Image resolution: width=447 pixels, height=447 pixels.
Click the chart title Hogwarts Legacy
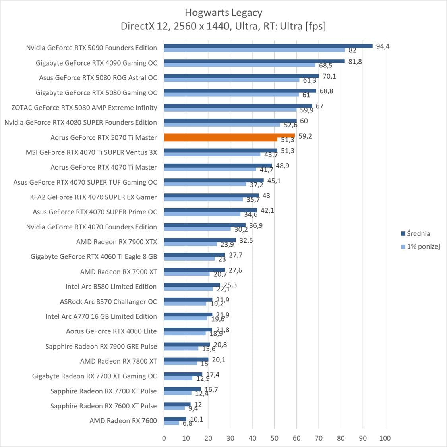tap(223, 13)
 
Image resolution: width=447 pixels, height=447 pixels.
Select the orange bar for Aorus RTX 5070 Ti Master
tap(229, 136)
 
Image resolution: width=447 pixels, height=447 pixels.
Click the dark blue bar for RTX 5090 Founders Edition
tap(268, 46)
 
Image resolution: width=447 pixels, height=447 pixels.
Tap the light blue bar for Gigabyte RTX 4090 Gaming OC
tap(240, 65)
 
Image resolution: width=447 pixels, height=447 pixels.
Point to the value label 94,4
tap(383, 46)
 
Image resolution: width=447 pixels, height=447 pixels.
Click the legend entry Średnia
tap(418, 234)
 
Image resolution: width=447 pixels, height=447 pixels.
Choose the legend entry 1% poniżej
tap(423, 247)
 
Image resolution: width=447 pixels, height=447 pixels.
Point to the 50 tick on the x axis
tap(275, 438)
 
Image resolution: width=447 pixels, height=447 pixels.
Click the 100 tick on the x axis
tap(385, 438)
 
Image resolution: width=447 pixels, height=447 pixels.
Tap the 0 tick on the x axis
tap(164, 438)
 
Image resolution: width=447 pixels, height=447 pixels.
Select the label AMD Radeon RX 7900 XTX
tap(116, 242)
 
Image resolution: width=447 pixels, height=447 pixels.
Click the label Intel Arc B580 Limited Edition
tap(111, 287)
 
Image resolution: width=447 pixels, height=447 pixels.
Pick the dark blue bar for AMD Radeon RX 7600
tap(175, 419)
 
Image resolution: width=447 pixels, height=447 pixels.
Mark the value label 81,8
tap(355, 62)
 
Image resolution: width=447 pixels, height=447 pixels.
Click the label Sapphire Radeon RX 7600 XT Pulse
tap(103, 406)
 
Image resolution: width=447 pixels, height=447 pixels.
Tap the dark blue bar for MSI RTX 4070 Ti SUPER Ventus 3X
tap(221, 151)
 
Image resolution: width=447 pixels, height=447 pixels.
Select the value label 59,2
tap(305, 136)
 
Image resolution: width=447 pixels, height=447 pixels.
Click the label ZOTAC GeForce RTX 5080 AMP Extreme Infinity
tap(84, 108)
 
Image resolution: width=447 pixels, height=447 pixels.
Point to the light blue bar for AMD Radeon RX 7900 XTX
tap(190, 244)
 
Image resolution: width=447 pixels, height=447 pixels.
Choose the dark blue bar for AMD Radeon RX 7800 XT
tap(186, 360)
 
